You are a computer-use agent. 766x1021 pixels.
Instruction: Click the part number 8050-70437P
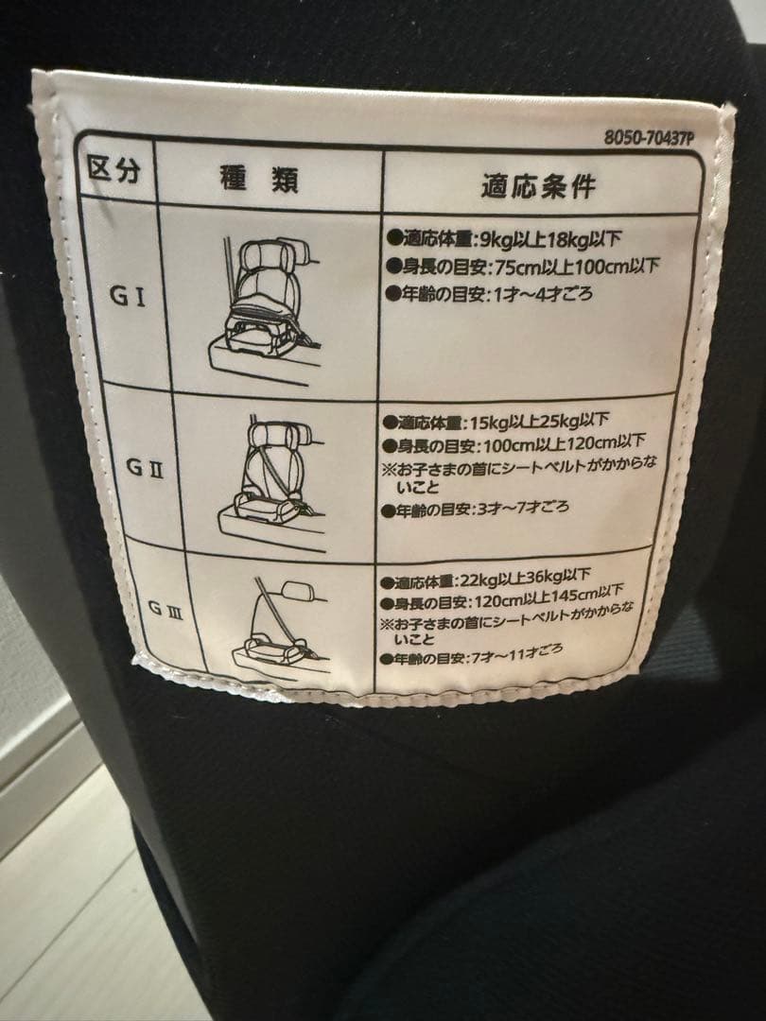click(649, 138)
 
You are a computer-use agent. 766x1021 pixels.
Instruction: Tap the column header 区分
click(114, 170)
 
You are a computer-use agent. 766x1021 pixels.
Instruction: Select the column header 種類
click(258, 178)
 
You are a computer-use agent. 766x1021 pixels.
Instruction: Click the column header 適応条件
click(539, 185)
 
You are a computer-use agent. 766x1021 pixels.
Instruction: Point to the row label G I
click(128, 296)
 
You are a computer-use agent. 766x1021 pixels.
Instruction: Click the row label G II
click(145, 467)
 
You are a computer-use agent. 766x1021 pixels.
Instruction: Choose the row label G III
click(165, 609)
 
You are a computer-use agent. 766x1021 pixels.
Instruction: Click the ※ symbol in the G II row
click(389, 469)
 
